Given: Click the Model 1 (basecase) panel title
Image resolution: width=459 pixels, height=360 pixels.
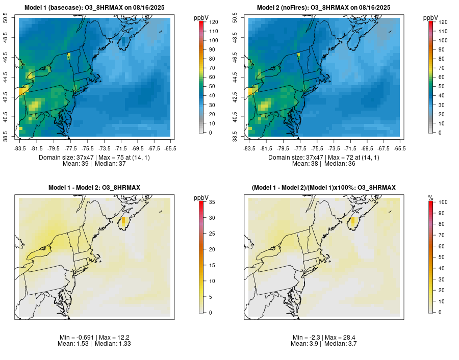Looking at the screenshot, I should coord(96,7).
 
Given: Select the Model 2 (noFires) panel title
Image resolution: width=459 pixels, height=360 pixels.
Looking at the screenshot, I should coord(323,7).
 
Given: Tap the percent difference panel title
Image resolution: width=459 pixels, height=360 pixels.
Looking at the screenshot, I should coord(323,188).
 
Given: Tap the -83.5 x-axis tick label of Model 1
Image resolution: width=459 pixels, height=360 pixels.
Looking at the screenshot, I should coord(19,148).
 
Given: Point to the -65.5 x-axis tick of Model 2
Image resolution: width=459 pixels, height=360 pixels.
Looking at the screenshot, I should coord(400,148).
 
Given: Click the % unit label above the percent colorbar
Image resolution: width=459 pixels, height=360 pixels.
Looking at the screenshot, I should coord(430,197).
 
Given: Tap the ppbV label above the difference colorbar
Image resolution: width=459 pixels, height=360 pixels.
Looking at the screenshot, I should coord(201,197).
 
